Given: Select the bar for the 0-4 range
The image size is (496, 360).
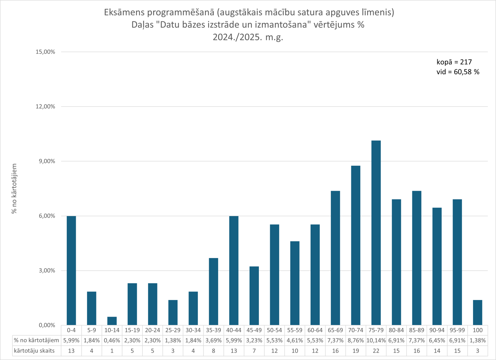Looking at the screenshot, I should point(71,270).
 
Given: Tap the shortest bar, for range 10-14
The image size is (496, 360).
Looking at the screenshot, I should point(112,321).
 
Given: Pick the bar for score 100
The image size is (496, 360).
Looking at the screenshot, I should point(477,313).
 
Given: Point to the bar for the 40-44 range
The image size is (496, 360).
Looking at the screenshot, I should point(234,270).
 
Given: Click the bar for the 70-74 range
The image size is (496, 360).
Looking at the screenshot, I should point(356,245).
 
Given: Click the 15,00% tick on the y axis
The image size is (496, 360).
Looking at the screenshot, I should point(45,52).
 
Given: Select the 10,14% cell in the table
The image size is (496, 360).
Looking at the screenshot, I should point(376,340).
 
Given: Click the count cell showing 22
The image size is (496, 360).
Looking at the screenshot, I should point(376,351).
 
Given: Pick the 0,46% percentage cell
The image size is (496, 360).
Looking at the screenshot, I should point(112,340).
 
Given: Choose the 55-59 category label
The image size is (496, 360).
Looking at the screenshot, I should point(295,330).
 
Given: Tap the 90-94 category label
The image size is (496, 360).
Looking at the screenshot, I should point(437,330).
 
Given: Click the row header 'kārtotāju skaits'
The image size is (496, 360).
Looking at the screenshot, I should point(34,351).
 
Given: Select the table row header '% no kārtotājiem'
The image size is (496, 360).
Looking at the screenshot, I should point(37,340).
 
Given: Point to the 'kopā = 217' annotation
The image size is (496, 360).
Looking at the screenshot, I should point(454,62).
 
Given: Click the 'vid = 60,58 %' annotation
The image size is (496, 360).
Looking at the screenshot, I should point(458,72).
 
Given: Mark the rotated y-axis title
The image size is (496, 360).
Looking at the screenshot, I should point(14,189).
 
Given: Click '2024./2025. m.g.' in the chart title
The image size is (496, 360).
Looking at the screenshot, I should point(248,37).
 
